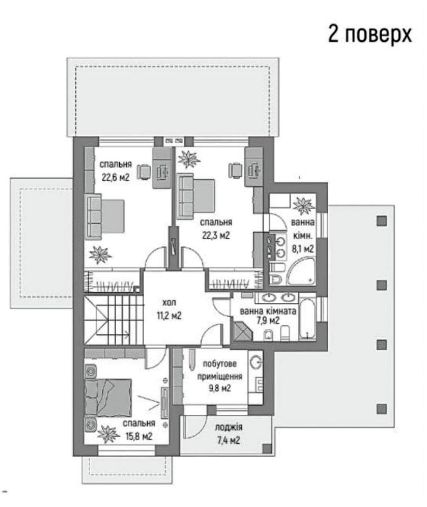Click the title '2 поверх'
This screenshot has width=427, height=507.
click(x=370, y=35)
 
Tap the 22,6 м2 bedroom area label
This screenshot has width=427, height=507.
click(x=115, y=177)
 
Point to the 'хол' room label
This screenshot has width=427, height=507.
click(x=169, y=303)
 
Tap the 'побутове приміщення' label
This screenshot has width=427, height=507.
click(x=219, y=370)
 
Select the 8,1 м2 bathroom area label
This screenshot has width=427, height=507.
click(x=303, y=249)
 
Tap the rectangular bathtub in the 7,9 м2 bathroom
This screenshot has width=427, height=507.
click(x=307, y=316)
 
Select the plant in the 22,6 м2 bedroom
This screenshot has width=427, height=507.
click(x=100, y=255)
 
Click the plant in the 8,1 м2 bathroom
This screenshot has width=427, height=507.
click(x=303, y=206)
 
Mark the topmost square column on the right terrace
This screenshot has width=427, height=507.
click(x=382, y=221)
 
